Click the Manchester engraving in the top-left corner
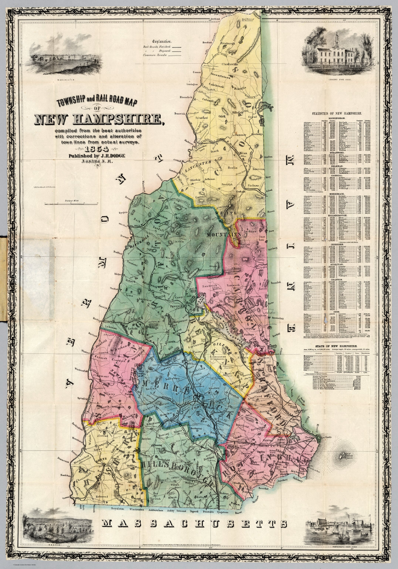(x=50, y=61)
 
